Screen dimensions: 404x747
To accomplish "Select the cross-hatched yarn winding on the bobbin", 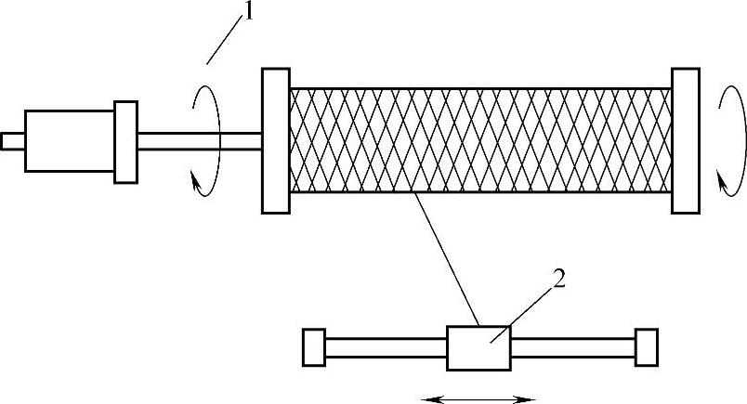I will [x=480, y=140].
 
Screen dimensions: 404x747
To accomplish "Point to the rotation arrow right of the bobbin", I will [x=732, y=139].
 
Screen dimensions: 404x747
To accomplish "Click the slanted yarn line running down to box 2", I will [x=446, y=260].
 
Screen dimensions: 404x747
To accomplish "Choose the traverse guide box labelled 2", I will [x=478, y=347].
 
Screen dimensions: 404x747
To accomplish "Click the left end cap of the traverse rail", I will [x=314, y=347].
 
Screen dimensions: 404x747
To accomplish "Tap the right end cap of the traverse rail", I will [x=646, y=347].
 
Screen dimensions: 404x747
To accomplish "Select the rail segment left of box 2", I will [x=386, y=347].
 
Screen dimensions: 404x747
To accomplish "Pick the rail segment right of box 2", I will [x=572, y=347].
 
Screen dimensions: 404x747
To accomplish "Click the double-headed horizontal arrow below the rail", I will [x=478, y=398].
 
